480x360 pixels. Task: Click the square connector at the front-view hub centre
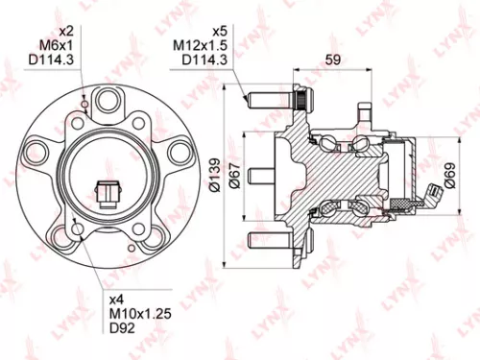click(x=108, y=193)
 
